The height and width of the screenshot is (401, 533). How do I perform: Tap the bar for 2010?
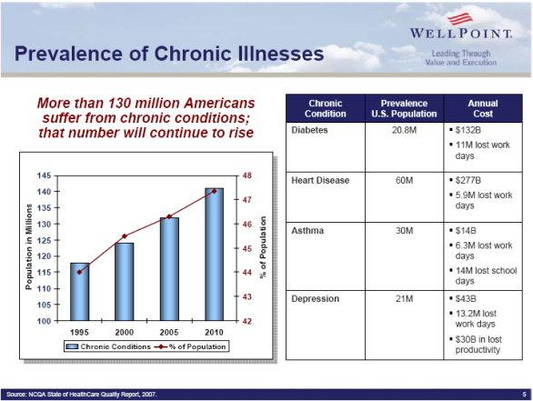click(215, 254)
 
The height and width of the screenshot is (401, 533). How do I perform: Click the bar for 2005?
click(170, 268)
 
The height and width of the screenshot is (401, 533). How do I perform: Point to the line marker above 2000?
click(125, 236)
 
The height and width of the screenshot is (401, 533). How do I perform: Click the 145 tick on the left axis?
click(44, 175)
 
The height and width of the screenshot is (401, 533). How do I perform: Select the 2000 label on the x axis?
click(125, 331)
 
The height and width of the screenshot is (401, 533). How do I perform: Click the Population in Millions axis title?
click(29, 247)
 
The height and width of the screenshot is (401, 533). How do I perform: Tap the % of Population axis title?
click(263, 247)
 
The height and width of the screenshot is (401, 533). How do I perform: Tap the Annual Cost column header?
click(482, 107)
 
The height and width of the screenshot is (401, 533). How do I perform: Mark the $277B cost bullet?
click(468, 181)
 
